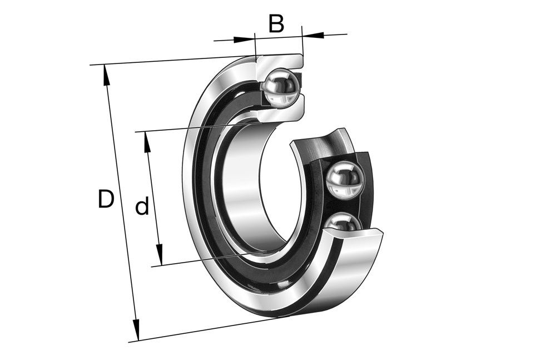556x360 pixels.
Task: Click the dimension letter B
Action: click(276, 24)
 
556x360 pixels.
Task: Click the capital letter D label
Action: click(106, 199)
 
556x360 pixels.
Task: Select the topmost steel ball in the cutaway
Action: click(281, 87)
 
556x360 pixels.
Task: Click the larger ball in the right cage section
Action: click(344, 179)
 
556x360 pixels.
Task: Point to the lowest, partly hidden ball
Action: click(343, 221)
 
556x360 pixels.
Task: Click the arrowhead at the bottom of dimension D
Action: click(136, 330)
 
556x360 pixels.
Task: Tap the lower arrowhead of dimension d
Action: click(159, 254)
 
